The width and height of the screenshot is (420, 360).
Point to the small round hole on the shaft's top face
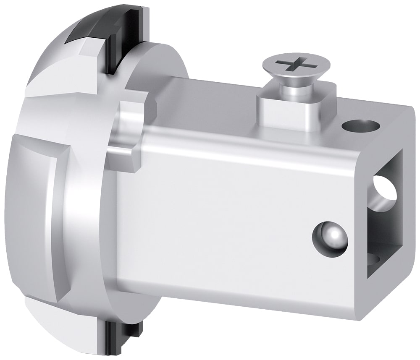[360, 125]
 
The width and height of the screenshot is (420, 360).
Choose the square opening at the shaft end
[385, 214]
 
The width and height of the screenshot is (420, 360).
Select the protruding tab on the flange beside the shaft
[126, 134]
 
